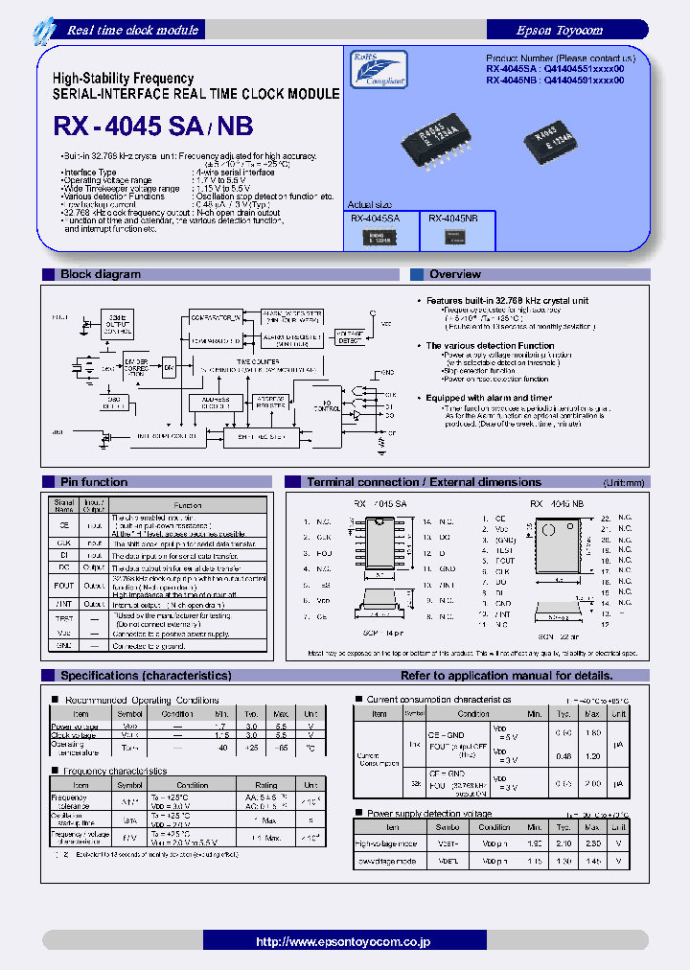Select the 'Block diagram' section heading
click(x=101, y=274)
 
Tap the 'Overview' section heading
click(x=455, y=274)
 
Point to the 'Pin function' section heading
click(x=94, y=482)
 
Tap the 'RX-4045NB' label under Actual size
click(x=452, y=218)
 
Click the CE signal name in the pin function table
click(x=64, y=525)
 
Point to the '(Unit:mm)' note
click(x=624, y=483)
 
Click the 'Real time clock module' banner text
click(x=132, y=30)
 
